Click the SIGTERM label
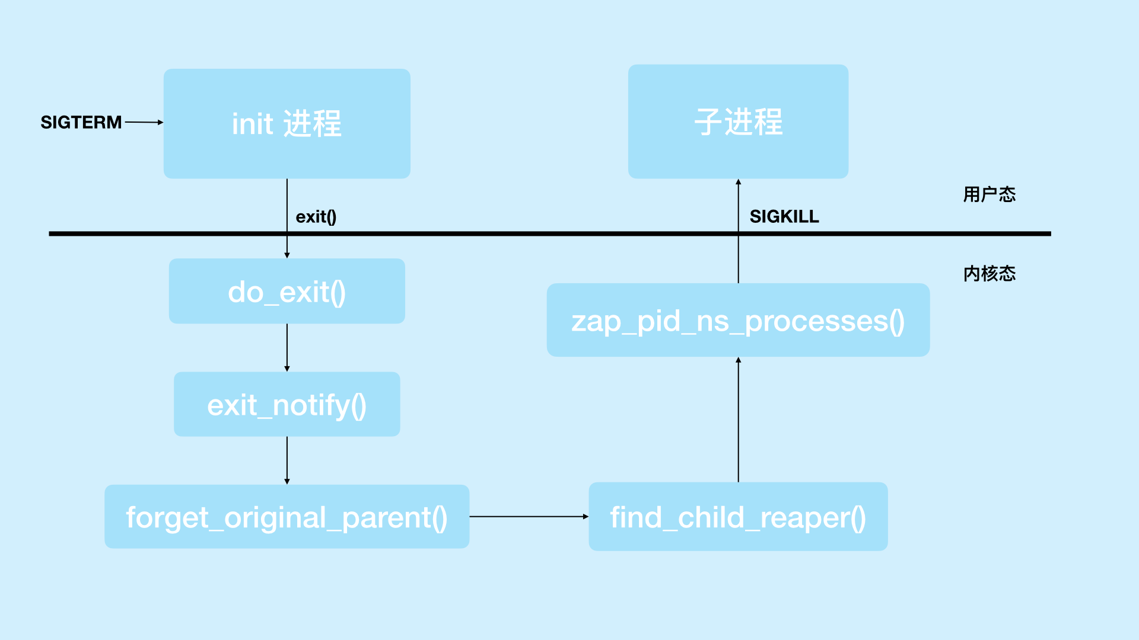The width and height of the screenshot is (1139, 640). tap(81, 123)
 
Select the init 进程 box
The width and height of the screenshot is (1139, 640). tap(287, 123)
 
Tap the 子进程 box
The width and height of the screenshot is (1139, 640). tap(738, 121)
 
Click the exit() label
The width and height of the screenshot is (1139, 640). tap(316, 217)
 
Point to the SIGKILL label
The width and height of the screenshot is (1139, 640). tap(784, 217)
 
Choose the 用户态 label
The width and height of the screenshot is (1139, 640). tap(989, 194)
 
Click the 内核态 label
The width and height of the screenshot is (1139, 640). tap(989, 274)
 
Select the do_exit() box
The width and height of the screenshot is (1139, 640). tap(287, 291)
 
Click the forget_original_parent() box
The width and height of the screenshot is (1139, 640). tap(287, 517)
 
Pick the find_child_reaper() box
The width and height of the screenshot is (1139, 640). tap(738, 517)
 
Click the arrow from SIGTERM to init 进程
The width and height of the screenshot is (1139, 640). tap(144, 122)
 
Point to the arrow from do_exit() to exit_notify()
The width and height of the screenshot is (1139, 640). tap(287, 347)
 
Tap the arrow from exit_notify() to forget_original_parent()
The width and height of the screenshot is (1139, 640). tap(287, 460)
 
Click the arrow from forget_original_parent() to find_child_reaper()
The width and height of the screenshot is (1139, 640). tap(529, 517)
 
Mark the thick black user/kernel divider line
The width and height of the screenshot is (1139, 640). tap(534, 234)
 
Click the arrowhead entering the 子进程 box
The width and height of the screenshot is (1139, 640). tap(738, 183)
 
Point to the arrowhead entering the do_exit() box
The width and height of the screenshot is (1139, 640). tap(287, 255)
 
